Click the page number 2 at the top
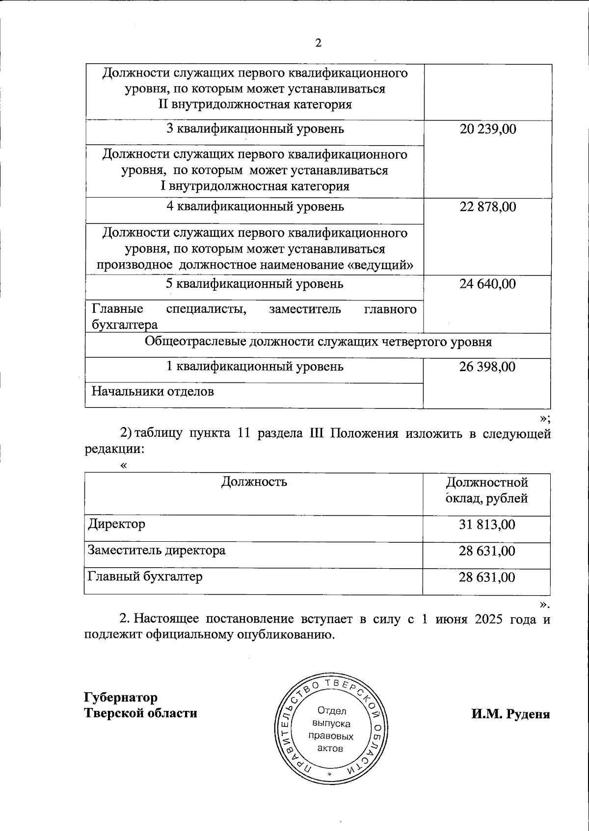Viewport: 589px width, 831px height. pyautogui.click(x=318, y=44)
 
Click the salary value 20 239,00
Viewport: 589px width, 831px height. pyautogui.click(x=487, y=129)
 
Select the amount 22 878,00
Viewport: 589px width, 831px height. pyautogui.click(x=487, y=207)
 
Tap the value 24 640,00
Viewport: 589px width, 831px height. pyautogui.click(x=487, y=284)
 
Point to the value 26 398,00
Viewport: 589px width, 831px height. pyautogui.click(x=487, y=367)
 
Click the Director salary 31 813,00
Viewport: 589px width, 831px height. pyautogui.click(x=487, y=525)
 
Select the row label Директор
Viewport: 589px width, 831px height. pyautogui.click(x=116, y=524)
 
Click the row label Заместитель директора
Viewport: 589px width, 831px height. pyautogui.click(x=157, y=550)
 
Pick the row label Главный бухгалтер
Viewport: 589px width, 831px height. pyautogui.click(x=145, y=577)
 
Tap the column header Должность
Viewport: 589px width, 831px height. pyautogui.click(x=254, y=481)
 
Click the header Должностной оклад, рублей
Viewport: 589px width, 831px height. pyautogui.click(x=487, y=490)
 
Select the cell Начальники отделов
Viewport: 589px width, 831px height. pyautogui.click(x=153, y=392)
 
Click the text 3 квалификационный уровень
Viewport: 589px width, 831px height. pyautogui.click(x=255, y=129)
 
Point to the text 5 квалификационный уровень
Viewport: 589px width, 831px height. pyautogui.click(x=255, y=284)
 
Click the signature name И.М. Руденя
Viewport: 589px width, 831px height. pyautogui.click(x=510, y=714)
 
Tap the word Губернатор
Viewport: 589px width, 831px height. pyautogui.click(x=121, y=697)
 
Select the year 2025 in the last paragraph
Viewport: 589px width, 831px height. pyautogui.click(x=488, y=619)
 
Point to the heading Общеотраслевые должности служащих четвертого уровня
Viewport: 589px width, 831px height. pyautogui.click(x=318, y=342)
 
